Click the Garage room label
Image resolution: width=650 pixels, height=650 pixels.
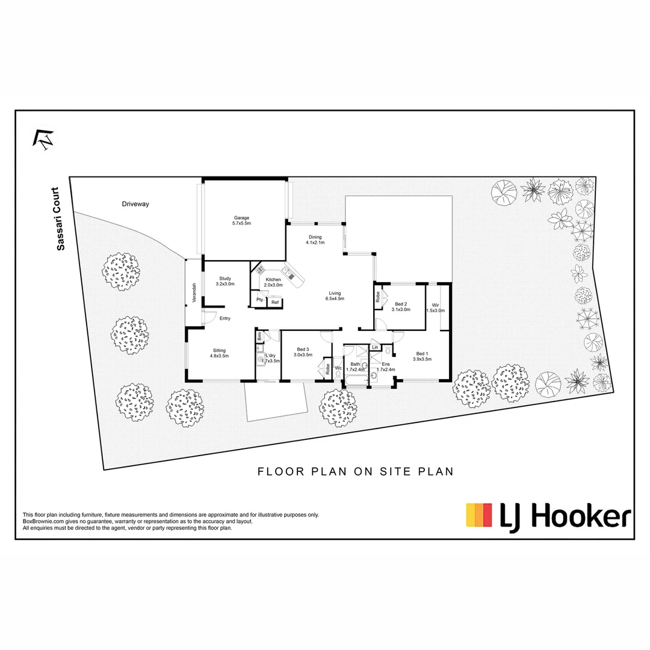(x=241, y=220)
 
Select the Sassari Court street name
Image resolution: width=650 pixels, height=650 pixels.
(x=58, y=218)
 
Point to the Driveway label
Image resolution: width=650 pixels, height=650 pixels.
(x=135, y=204)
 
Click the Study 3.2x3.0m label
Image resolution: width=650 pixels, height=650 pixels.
(x=225, y=281)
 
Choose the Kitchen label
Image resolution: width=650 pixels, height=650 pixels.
(x=273, y=282)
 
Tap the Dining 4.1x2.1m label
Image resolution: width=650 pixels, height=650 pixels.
(x=315, y=240)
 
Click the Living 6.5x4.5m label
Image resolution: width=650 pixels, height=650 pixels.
(x=334, y=296)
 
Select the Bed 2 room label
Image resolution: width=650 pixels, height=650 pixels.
(x=401, y=306)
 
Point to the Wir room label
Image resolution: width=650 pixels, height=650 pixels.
(x=435, y=307)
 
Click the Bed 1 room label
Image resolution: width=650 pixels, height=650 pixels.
(x=422, y=356)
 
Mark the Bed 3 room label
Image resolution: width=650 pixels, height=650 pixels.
(x=303, y=352)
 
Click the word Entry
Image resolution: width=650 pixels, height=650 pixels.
(x=224, y=318)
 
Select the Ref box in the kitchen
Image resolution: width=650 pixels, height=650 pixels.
(x=274, y=302)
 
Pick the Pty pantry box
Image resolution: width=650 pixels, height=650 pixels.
(x=259, y=300)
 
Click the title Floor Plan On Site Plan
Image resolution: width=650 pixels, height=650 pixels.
(x=355, y=472)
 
